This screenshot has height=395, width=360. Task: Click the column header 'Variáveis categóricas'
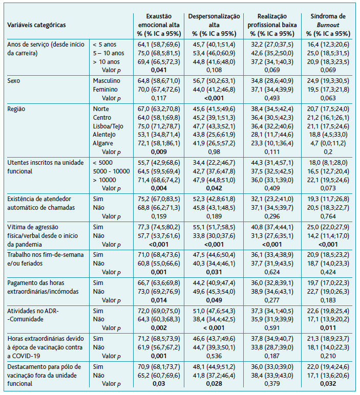[x=36, y=25]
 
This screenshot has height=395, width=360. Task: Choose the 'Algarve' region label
[x=104, y=143]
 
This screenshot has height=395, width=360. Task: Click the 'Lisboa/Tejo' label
[x=108, y=126]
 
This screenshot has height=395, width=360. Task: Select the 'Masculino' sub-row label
[x=107, y=81]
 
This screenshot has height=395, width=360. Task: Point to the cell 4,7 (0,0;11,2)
[x=328, y=143]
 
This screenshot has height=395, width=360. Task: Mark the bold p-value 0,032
[x=328, y=384]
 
